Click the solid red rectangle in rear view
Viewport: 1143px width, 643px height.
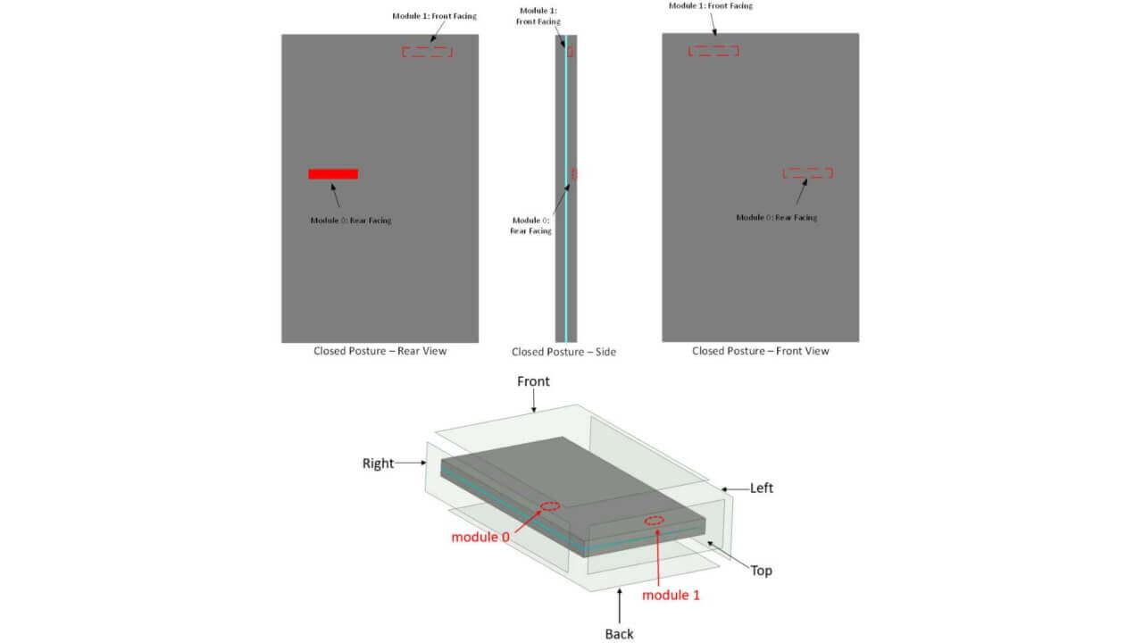333,174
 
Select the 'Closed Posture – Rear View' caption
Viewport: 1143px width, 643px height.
380,351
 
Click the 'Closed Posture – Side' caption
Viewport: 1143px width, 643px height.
563,352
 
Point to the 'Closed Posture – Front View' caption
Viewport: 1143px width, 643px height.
760,351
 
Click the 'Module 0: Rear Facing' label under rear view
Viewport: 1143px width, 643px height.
351,221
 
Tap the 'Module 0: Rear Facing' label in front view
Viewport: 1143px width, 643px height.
776,217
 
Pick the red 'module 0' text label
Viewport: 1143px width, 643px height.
480,537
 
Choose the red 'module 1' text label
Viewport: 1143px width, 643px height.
671,595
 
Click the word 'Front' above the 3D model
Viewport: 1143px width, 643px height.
533,381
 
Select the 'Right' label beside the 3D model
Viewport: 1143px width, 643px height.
378,463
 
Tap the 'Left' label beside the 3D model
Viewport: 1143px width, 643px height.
762,489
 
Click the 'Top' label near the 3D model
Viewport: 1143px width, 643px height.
761,571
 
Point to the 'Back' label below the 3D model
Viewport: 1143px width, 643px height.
619,634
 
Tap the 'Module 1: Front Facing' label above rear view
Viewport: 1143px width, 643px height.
434,16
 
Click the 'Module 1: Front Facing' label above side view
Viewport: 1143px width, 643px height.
538,16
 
